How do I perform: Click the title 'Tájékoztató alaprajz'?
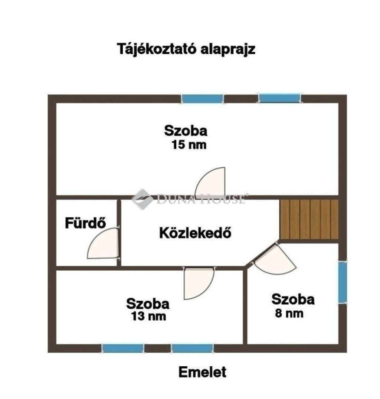tap(186, 49)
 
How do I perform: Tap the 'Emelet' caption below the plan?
tap(202, 372)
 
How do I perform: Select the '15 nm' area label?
tap(189, 145)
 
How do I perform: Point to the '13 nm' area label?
tap(148, 316)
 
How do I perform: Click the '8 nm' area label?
tap(289, 313)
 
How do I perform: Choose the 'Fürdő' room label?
tap(85, 223)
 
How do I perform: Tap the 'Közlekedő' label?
tap(195, 233)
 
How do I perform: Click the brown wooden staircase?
tap(309, 219)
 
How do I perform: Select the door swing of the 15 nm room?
tap(210, 182)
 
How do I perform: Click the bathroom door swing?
tap(103, 243)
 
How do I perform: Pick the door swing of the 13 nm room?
tap(199, 283)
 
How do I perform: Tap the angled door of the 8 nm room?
tap(274, 260)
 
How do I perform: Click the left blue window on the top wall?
tap(203, 99)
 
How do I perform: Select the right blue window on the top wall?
tap(279, 98)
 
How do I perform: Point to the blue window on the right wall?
tap(343, 282)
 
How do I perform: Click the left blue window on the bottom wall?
tap(123, 348)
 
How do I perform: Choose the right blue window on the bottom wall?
tap(192, 348)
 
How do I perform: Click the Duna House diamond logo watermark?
tap(142, 199)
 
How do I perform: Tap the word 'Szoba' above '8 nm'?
tap(293, 299)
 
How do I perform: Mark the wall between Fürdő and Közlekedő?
tap(119, 233)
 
